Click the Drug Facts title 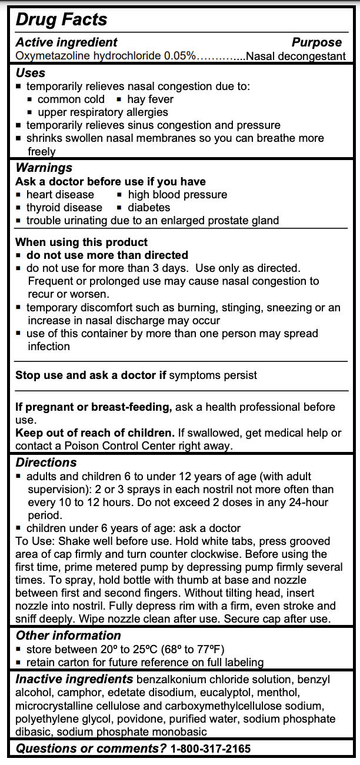click(61, 19)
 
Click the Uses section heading click(30, 72)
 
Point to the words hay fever click(150, 99)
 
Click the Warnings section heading click(44, 168)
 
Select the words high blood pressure click(177, 194)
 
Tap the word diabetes click(149, 207)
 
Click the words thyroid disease click(64, 207)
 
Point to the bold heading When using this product click(81, 242)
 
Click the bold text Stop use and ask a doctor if click(91, 375)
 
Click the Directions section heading click(46, 463)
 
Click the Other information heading click(68, 636)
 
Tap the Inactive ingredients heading click(74, 679)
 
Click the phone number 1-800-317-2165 click(210, 749)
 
